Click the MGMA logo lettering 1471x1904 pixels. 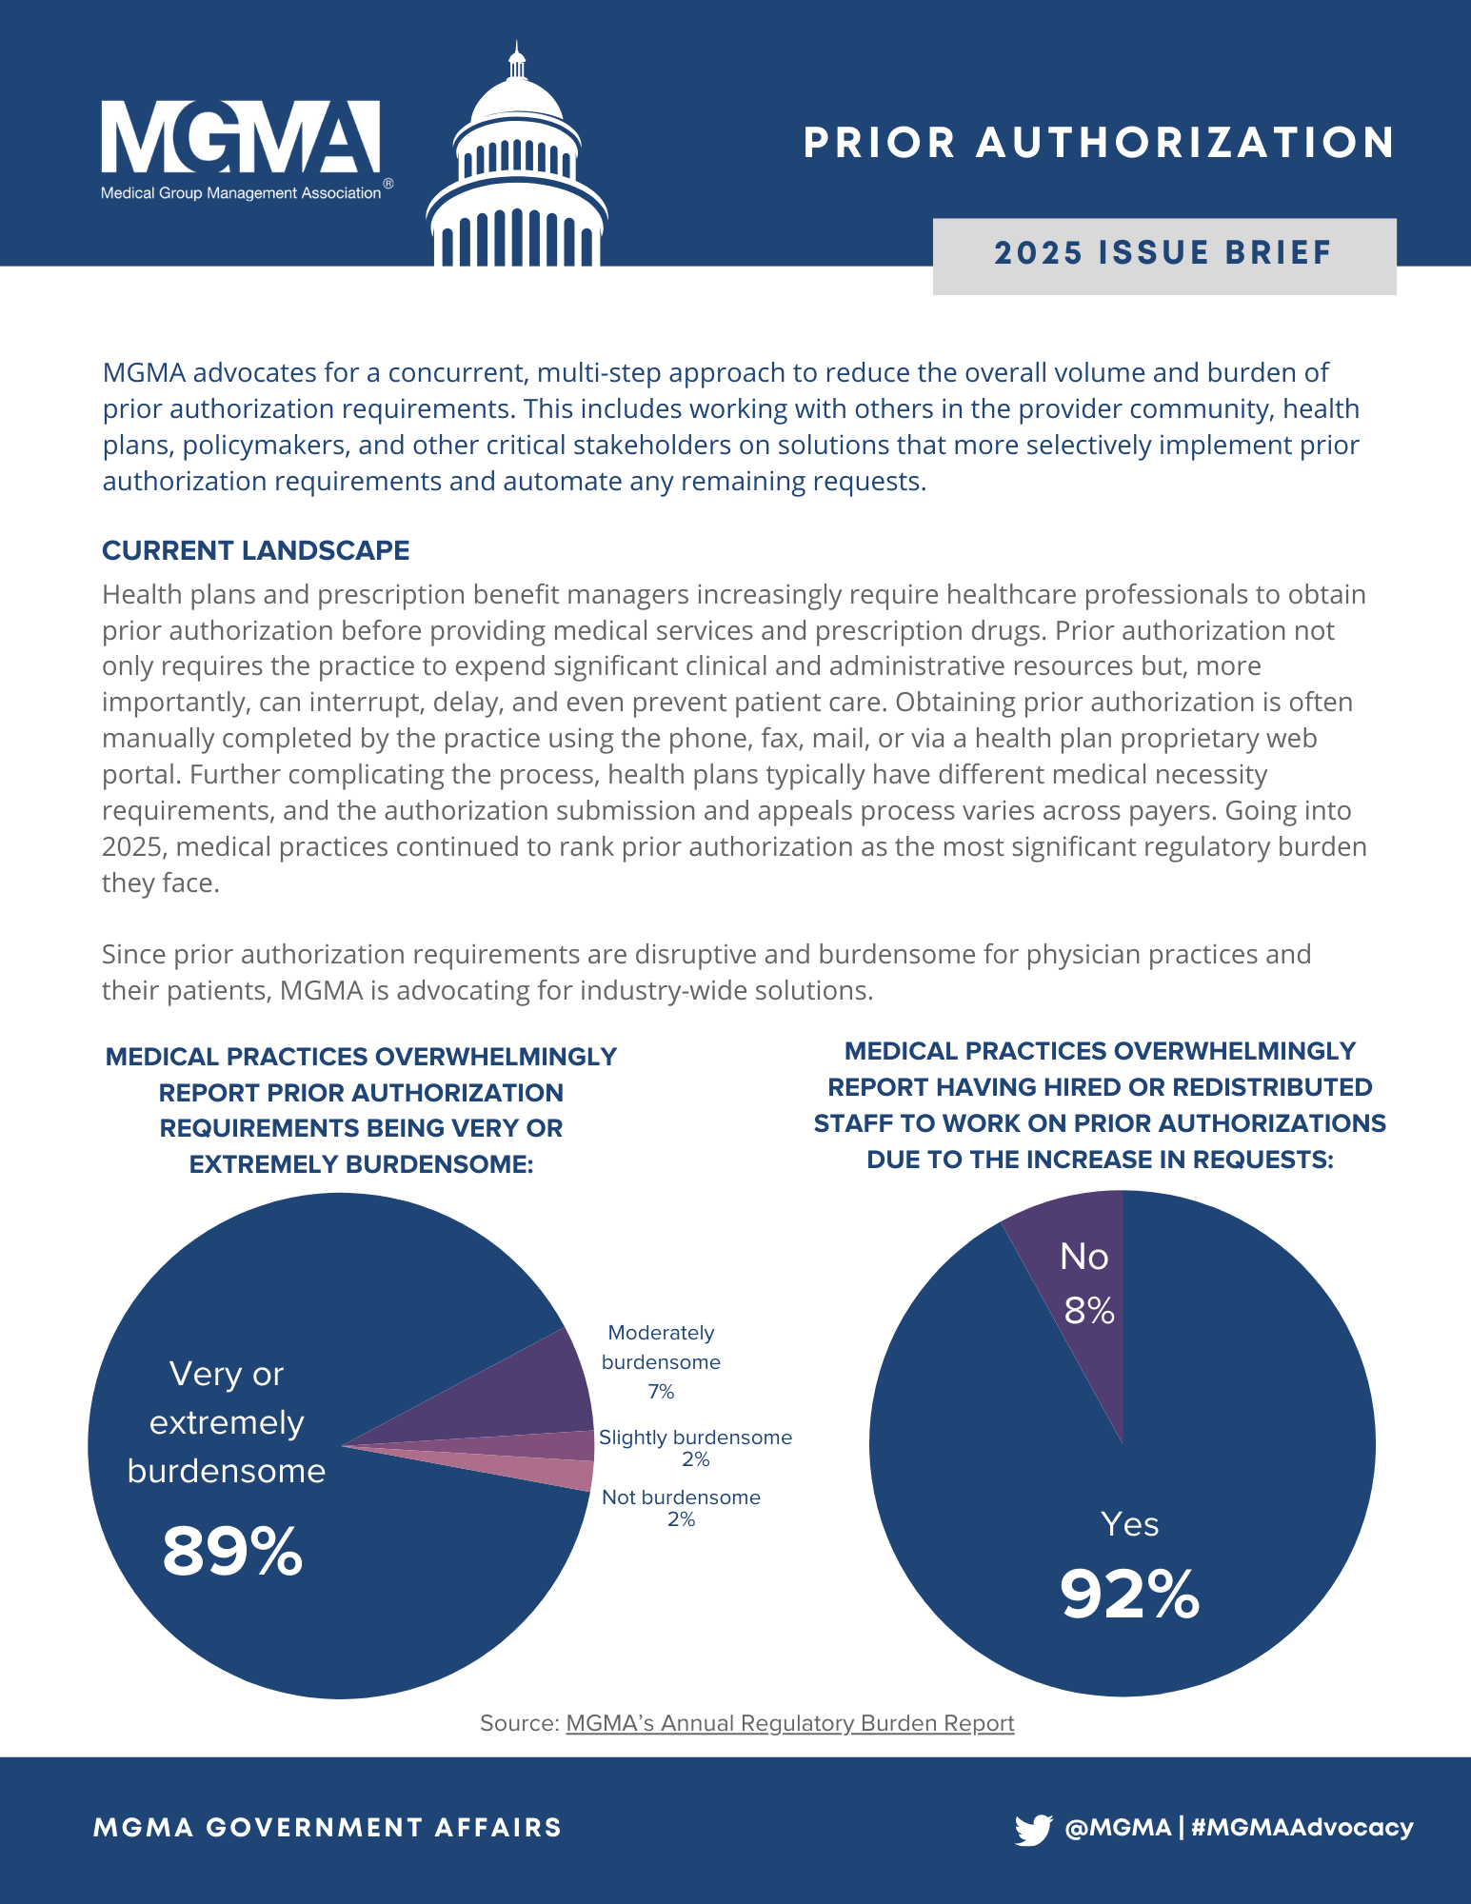[240, 139]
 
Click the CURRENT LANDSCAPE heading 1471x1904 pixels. [255, 550]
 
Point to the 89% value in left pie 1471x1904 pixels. [232, 1551]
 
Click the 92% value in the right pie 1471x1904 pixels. [1129, 1594]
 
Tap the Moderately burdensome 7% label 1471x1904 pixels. [661, 1362]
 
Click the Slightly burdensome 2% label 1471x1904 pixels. [695, 1447]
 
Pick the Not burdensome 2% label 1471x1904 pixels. [681, 1507]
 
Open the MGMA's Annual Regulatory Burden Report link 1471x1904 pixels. [789, 1723]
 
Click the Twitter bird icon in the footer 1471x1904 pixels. [1033, 1829]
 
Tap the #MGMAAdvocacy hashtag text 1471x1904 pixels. [1302, 1828]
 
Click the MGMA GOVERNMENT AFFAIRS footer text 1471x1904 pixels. [328, 1828]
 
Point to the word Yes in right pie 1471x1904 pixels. [1129, 1524]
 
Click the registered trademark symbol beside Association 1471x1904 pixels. [388, 184]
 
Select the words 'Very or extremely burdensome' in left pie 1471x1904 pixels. [227, 1422]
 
